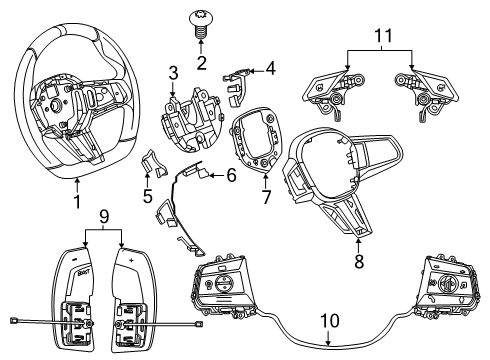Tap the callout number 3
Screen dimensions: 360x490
tap(173, 74)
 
